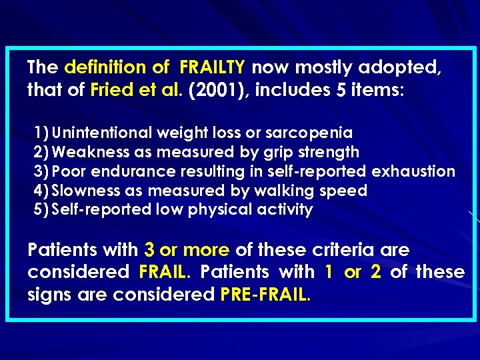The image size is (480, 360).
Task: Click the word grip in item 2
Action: tap(288, 152)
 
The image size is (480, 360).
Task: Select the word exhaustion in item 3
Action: tap(413, 171)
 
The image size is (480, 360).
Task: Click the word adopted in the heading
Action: tap(404, 67)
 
